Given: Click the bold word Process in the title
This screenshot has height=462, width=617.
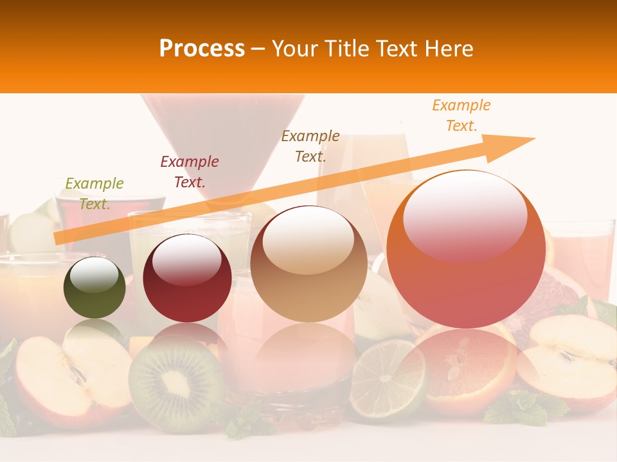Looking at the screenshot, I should (202, 49).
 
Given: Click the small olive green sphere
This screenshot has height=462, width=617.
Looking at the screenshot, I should (94, 287).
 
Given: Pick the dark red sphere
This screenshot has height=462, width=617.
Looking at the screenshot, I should (187, 278).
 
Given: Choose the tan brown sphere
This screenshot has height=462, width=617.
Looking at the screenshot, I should (308, 264).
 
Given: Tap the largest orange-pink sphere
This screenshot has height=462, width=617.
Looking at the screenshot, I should (467, 250).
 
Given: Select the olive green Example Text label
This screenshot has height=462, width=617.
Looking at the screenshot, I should (94, 193).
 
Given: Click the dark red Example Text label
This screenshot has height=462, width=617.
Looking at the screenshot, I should (190, 171).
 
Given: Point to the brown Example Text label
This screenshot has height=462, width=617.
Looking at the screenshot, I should (310, 146).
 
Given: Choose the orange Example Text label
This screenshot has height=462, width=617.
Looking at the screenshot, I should (461, 115).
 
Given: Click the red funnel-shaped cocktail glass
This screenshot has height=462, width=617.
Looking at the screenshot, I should (222, 141).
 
